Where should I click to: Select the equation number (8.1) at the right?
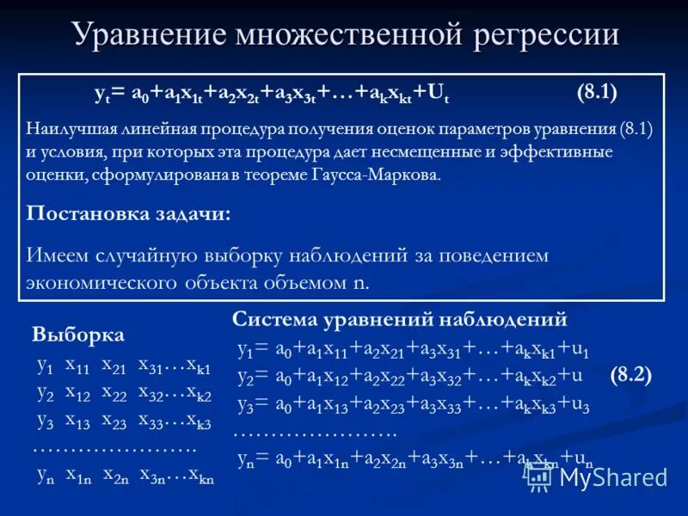[x=597, y=92]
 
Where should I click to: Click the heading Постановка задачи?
[x=129, y=214]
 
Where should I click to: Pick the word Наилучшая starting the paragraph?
[x=69, y=130]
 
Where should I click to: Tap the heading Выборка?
[x=78, y=335]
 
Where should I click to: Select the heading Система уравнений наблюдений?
[x=400, y=319]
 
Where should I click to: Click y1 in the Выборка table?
[x=45, y=365]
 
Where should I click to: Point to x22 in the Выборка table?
[x=115, y=393]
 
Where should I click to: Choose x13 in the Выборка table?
[x=78, y=422]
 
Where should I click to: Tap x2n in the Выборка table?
[x=117, y=475]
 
